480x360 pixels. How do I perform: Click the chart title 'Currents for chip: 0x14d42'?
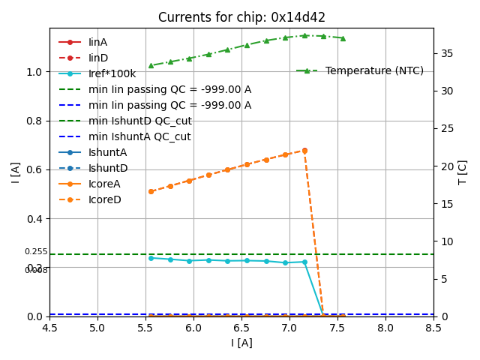click(x=241, y=17)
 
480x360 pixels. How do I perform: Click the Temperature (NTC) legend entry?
click(x=374, y=70)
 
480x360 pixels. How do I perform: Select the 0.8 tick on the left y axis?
click(x=32, y=121)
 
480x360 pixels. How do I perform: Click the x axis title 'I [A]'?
click(x=241, y=343)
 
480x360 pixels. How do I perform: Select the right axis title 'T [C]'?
click(x=463, y=172)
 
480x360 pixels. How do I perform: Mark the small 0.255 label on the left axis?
click(x=35, y=252)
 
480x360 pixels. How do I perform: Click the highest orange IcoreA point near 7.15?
click(x=304, y=150)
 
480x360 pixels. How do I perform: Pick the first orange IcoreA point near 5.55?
click(x=151, y=191)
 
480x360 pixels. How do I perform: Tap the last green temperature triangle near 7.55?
click(x=343, y=38)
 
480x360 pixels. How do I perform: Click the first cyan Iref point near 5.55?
click(x=151, y=258)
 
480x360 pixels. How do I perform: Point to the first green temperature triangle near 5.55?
click(x=151, y=65)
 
